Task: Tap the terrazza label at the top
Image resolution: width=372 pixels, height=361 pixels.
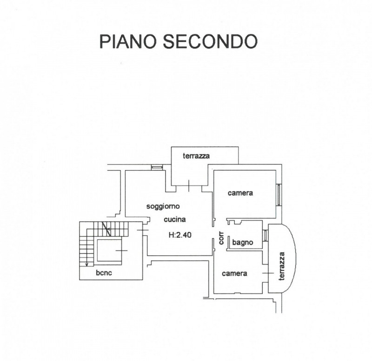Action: pos(196,156)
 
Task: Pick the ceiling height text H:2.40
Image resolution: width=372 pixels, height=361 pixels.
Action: pos(180,235)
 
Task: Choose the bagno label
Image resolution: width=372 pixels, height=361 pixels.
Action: pos(242,242)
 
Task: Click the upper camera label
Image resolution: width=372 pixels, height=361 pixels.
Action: pos(240,193)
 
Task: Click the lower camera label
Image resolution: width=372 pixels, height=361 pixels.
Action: pos(234,273)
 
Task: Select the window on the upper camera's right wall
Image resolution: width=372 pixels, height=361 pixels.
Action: pos(278,194)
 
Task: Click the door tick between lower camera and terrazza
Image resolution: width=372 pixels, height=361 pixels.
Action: pos(266,273)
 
